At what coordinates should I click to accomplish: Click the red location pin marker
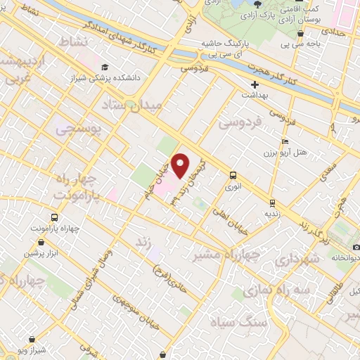click(x=181, y=165)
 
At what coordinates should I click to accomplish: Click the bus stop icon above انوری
click(x=233, y=176)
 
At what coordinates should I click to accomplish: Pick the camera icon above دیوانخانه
click(x=356, y=247)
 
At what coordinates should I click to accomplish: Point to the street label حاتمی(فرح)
click(x=167, y=264)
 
